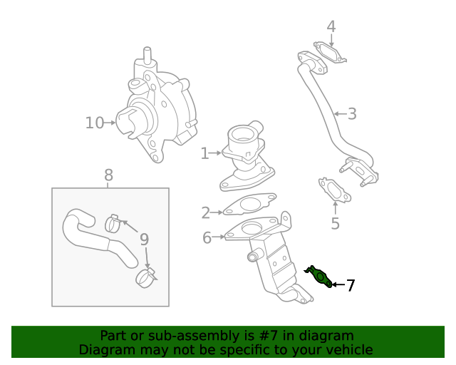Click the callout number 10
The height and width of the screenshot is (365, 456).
[x=94, y=123]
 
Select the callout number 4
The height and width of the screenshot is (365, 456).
[x=331, y=27]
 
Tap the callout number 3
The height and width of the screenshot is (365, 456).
[x=352, y=113]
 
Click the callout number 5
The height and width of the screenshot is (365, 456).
[x=335, y=224]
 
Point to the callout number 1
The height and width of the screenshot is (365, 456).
[x=204, y=153]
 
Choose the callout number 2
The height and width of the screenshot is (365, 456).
[x=206, y=212]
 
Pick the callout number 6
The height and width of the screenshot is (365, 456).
[x=207, y=237]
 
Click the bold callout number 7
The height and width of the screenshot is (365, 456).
[x=350, y=285]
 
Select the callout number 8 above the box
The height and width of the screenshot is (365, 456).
[x=108, y=175]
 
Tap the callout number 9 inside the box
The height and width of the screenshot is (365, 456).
[x=144, y=239]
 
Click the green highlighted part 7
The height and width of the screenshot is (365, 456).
[x=319, y=276]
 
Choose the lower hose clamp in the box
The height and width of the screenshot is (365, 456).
[x=146, y=277]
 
